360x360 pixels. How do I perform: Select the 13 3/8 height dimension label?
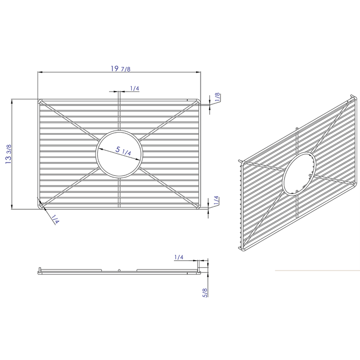point(9,154)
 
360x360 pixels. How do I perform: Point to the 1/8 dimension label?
point(218,97)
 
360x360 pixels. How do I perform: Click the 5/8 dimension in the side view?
point(204,293)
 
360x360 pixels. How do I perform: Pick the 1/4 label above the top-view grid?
point(134,88)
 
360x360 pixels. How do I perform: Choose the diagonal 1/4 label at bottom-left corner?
point(55,220)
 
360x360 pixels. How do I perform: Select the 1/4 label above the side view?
point(178,257)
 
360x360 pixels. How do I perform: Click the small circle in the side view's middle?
point(119,269)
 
